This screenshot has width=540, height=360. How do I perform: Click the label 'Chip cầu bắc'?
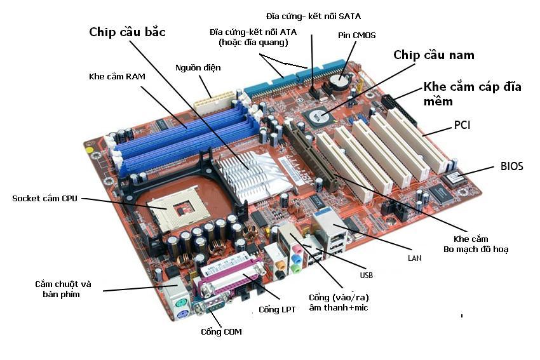click(127, 32)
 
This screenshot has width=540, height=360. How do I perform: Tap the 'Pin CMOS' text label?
click(356, 36)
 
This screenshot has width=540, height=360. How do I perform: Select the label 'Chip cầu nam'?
click(433, 55)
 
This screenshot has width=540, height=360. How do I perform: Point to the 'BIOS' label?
click(511, 166)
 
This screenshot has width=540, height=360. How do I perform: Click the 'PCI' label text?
click(461, 126)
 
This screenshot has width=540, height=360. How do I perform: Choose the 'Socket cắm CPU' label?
click(44, 199)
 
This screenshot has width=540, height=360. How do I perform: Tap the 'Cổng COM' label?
click(221, 331)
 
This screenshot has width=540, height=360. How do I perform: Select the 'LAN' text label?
click(414, 259)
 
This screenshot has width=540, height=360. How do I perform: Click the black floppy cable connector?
click(398, 111)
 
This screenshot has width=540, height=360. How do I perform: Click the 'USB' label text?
click(366, 276)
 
